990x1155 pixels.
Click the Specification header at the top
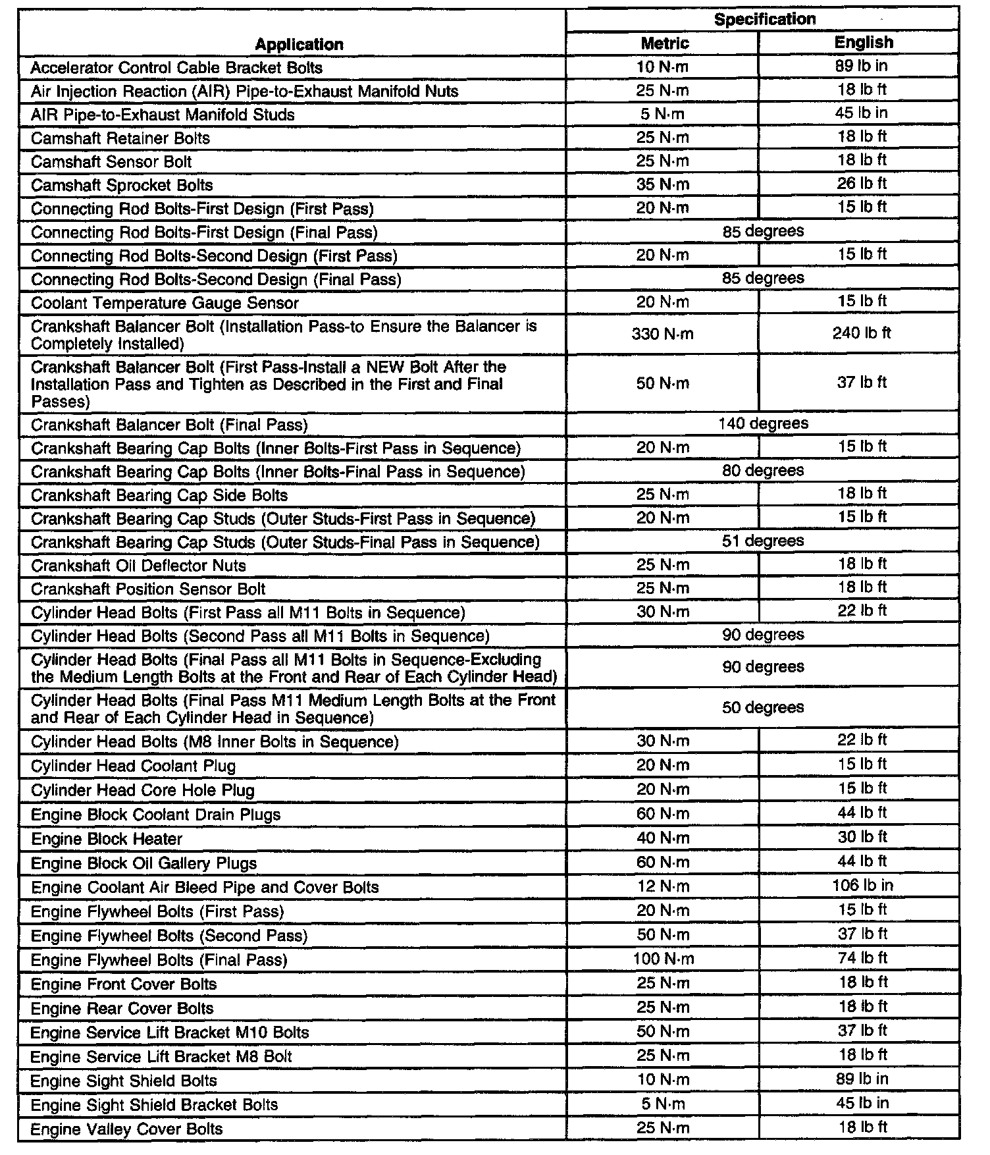[764, 19]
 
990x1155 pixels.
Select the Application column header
[299, 44]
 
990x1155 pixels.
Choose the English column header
[864, 42]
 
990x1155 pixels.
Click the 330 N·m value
[662, 334]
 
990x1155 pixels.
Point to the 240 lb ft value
[862, 333]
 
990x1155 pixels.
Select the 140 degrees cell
[763, 423]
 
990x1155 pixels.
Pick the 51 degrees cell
[763, 541]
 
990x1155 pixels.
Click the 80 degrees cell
[763, 470]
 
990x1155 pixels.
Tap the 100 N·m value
[663, 959]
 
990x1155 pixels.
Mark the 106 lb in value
[862, 885]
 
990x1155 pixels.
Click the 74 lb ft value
[862, 957]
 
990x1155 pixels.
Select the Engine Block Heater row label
[107, 839]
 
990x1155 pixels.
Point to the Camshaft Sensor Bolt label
[111, 161]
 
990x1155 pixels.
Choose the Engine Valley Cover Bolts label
[126, 1129]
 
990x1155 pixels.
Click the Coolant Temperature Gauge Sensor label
[165, 303]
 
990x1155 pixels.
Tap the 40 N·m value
[663, 838]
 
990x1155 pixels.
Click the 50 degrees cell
[763, 707]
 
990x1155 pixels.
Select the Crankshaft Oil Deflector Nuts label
[138, 566]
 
